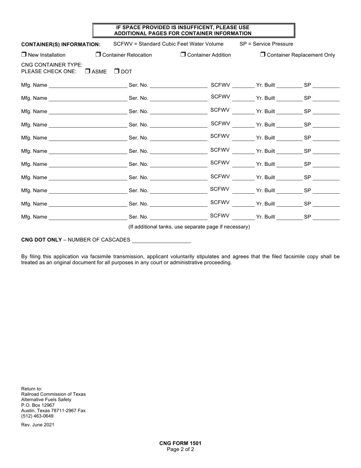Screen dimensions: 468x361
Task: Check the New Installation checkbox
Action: click(x=24, y=54)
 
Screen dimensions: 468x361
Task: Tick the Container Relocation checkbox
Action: click(x=98, y=54)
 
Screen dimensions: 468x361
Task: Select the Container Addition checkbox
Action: click(x=183, y=54)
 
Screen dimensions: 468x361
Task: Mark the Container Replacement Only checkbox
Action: click(x=263, y=54)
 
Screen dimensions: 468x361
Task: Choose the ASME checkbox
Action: click(x=87, y=71)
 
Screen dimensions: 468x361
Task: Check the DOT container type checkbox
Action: click(x=117, y=71)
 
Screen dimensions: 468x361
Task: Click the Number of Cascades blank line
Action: click(x=161, y=240)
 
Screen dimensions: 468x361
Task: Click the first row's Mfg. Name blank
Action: click(x=88, y=85)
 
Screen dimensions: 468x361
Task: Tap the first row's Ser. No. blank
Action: click(x=179, y=85)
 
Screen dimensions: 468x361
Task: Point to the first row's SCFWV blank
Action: click(x=243, y=85)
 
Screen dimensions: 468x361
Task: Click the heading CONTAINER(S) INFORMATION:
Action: click(x=61, y=44)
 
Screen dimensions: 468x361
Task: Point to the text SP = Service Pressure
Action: click(x=266, y=44)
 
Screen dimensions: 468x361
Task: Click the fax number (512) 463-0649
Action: click(x=37, y=416)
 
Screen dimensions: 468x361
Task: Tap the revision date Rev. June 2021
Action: click(x=38, y=425)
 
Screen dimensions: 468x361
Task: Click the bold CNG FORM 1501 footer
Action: click(x=180, y=443)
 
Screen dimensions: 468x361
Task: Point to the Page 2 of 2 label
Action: click(x=180, y=449)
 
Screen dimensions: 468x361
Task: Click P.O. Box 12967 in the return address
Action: click(x=38, y=405)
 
